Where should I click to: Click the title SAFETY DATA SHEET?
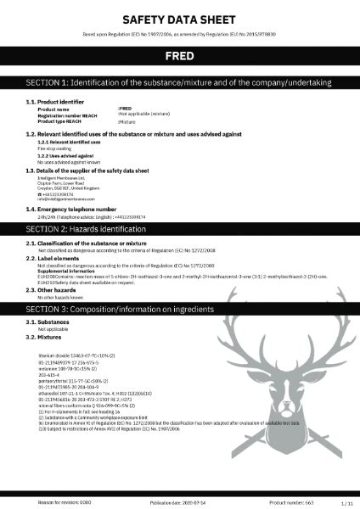pyautogui.click(x=180, y=18)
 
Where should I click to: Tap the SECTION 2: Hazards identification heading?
pyautogui.click(x=85, y=205)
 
